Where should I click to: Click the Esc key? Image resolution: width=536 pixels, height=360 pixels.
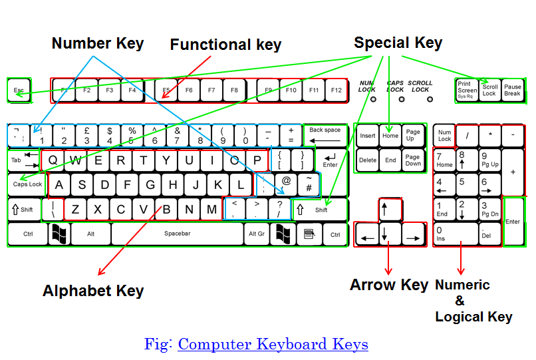pos(18,90)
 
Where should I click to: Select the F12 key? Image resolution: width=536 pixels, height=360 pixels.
pos(336,90)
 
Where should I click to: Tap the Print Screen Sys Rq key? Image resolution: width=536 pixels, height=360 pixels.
pos(467,90)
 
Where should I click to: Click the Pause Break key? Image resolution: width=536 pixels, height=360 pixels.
pos(512,90)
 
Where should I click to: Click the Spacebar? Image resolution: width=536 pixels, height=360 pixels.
pos(178,234)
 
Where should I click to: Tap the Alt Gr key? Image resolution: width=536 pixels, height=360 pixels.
pos(257,234)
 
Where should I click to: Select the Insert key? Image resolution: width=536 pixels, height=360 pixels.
pos(367,136)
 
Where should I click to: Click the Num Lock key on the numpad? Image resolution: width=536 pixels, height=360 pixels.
pos(444,136)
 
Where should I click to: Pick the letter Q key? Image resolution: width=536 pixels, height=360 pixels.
pos(53,160)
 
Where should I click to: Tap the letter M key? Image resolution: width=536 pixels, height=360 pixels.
pos(211,210)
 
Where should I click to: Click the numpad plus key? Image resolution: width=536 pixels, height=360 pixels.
pos(513,172)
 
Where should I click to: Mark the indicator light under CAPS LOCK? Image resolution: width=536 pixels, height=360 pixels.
pos(402,100)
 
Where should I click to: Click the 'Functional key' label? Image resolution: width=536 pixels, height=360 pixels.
pos(225,45)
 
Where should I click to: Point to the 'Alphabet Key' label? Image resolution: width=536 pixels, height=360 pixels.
pos(93,291)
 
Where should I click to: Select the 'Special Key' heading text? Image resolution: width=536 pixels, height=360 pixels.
pos(398,43)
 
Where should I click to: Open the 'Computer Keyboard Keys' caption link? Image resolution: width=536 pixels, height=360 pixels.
pos(273,344)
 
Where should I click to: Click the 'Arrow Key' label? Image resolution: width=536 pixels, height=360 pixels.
pos(389,285)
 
